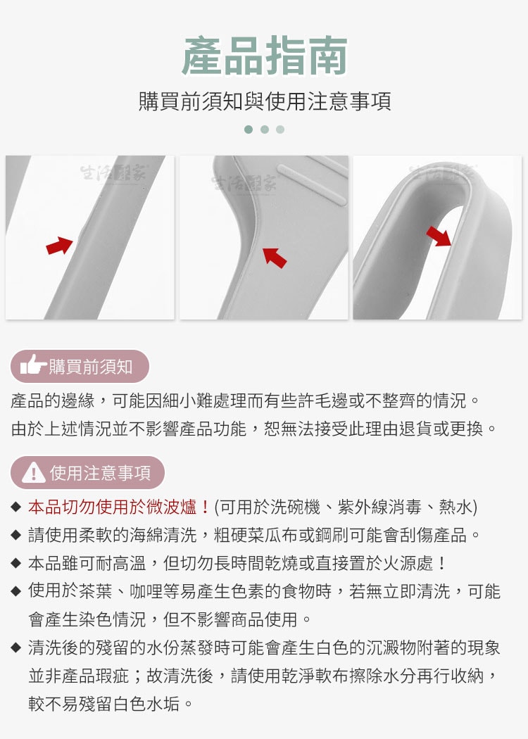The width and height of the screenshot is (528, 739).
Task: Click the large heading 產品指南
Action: [x=264, y=56]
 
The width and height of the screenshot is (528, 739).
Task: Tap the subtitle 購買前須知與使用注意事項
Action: [x=264, y=102]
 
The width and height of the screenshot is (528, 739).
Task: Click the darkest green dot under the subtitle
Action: [x=248, y=130]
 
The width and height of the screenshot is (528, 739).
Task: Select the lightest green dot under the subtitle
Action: [x=280, y=130]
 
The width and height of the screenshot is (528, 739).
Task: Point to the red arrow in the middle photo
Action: [x=275, y=257]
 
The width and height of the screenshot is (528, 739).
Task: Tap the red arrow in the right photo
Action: [x=439, y=236]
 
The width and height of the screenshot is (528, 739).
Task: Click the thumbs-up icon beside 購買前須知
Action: [x=32, y=365]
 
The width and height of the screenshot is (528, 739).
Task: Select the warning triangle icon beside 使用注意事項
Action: [x=33, y=472]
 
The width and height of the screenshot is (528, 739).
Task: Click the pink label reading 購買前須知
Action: [x=80, y=366]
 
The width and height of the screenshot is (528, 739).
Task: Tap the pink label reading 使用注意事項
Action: [x=87, y=473]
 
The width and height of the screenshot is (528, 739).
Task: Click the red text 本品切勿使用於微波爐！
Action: [x=119, y=507]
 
